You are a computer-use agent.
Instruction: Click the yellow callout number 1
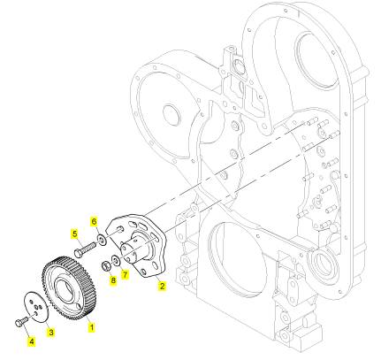92,326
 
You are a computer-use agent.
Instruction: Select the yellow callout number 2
162,285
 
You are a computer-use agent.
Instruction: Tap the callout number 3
51,333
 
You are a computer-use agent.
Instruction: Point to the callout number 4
32,341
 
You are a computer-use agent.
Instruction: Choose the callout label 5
75,234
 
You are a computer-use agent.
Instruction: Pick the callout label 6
94,221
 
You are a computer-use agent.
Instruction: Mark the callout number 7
126,274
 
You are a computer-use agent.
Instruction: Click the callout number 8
113,280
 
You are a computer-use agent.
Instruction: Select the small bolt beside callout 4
21,321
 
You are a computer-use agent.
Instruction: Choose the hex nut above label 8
106,266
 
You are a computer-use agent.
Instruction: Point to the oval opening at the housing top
316,59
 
